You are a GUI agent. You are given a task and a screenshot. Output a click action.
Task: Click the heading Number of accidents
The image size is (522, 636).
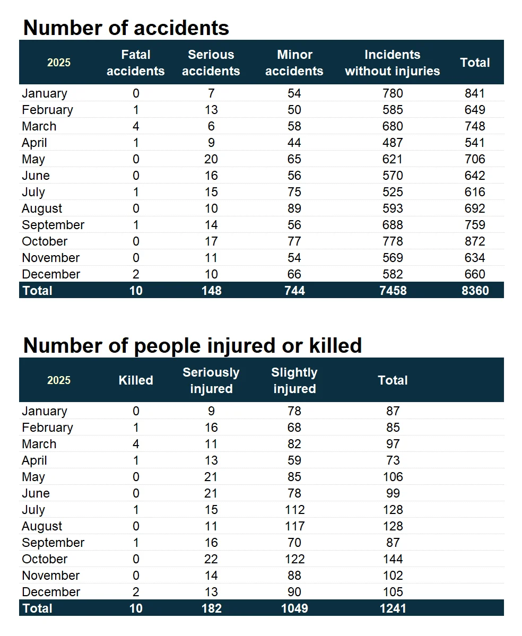point(126,28)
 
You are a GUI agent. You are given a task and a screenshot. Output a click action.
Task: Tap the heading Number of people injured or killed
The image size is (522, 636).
point(193,345)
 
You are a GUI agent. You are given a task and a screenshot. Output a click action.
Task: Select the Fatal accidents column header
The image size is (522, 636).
point(136,63)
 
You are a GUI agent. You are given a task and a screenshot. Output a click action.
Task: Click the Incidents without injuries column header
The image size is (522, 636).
point(393,63)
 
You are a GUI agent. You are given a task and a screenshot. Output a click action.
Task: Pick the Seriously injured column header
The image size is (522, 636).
point(211,380)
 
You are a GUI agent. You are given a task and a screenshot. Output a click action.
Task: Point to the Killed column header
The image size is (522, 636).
point(136,380)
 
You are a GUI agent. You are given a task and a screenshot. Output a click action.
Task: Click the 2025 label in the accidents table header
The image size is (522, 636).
point(59,63)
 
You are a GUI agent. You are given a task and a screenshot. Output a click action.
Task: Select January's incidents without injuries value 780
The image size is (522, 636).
point(393,93)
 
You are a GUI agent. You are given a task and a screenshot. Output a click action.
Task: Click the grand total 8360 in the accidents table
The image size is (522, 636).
point(475,291)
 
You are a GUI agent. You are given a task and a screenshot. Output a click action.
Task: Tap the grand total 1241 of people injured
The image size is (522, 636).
point(393,608)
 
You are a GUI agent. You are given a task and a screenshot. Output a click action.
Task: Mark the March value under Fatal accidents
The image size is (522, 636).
point(136,126)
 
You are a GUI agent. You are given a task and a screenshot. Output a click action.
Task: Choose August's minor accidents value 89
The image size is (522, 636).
point(294,208)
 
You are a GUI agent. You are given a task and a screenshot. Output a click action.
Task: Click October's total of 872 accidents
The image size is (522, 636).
point(475,241)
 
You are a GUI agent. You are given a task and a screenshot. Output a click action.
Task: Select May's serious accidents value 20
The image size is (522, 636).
point(211,159)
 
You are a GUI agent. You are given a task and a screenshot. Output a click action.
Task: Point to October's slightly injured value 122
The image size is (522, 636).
point(294,559)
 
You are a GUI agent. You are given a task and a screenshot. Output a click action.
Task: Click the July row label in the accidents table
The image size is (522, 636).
point(33,192)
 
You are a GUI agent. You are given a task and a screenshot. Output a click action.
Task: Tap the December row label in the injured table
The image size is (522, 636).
point(51,592)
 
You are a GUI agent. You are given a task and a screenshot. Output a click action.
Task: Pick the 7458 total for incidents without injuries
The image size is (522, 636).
point(393,291)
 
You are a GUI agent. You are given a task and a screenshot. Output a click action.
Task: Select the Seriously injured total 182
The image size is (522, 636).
point(211,608)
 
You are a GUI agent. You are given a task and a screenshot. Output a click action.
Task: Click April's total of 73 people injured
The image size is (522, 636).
point(393,460)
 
